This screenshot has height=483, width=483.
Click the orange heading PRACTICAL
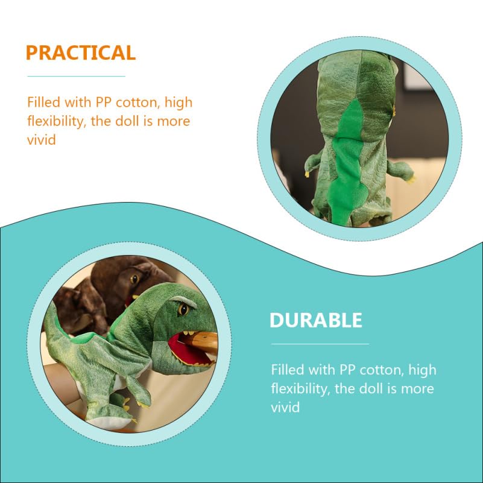80,53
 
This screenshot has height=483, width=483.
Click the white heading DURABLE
315,320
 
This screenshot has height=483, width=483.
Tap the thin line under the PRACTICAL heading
76,77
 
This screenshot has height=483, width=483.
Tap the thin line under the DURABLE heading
320,344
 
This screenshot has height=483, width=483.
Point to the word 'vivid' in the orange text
42,140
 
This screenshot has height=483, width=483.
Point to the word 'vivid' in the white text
285,407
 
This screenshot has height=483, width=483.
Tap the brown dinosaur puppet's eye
133,278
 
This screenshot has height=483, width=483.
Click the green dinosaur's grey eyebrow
184,300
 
